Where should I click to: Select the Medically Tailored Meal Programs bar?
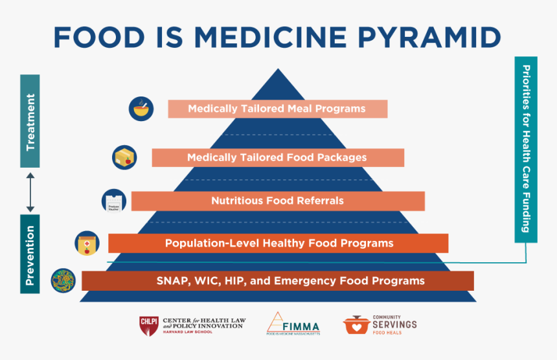(x=277, y=109)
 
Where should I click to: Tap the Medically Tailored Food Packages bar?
(x=277, y=157)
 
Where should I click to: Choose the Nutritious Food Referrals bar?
(x=277, y=201)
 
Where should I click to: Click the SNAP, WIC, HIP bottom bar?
(x=277, y=281)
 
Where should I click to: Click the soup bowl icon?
(x=141, y=108)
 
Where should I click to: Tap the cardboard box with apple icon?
(x=124, y=157)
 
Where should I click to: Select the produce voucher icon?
(x=113, y=201)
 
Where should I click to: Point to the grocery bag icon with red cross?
(x=87, y=243)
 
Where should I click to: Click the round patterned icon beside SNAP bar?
(x=63, y=280)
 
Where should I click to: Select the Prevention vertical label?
(x=30, y=254)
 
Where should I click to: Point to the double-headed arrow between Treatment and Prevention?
(x=30, y=192)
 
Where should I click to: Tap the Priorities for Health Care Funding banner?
(x=525, y=149)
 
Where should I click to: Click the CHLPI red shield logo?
(x=148, y=325)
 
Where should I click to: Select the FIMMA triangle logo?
(x=276, y=322)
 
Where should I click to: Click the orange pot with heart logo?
(x=356, y=325)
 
